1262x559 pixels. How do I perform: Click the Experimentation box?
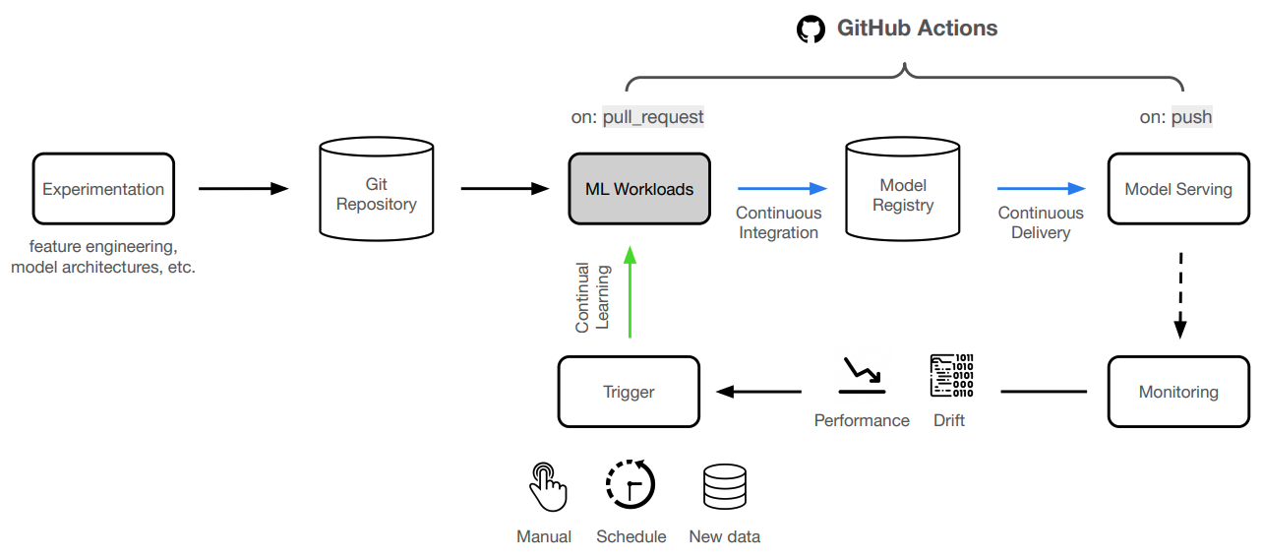pyautogui.click(x=103, y=189)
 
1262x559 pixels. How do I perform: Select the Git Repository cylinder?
pyautogui.click(x=377, y=194)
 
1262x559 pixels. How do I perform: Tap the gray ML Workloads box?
pyautogui.click(x=639, y=189)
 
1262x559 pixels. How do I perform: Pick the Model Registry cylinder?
pyautogui.click(x=903, y=194)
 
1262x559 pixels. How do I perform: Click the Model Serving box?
pyautogui.click(x=1178, y=189)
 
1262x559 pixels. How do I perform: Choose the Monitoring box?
pyautogui.click(x=1178, y=392)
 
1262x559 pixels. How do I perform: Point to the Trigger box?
pyautogui.click(x=629, y=392)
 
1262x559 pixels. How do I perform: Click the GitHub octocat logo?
pyautogui.click(x=811, y=29)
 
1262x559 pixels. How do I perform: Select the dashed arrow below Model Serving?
pyautogui.click(x=1180, y=293)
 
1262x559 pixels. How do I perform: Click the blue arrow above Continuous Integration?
pyautogui.click(x=783, y=188)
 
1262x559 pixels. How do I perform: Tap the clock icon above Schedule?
pyautogui.click(x=631, y=485)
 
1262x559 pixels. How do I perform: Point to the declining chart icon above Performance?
pyautogui.click(x=861, y=375)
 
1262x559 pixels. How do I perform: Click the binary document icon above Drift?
pyautogui.click(x=950, y=375)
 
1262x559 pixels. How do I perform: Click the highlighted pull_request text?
pyautogui.click(x=653, y=117)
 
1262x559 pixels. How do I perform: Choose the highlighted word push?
pyautogui.click(x=1191, y=117)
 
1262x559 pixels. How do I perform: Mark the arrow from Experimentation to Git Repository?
pyautogui.click(x=243, y=188)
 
